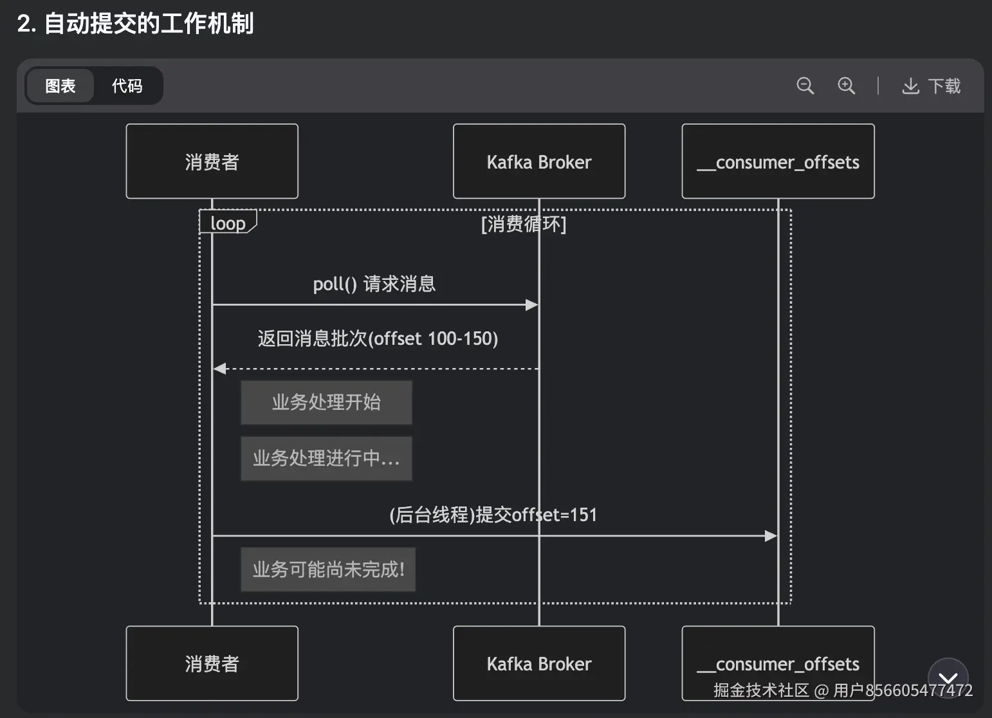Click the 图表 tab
(x=60, y=86)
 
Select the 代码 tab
(x=127, y=86)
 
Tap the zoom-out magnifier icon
(x=805, y=86)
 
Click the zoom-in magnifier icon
(x=847, y=86)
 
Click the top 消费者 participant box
(x=212, y=161)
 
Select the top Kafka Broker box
(x=539, y=161)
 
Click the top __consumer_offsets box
(x=778, y=161)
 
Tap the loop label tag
(x=228, y=222)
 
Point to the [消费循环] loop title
(x=524, y=224)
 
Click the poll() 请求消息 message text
(x=374, y=284)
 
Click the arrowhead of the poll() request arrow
(x=531, y=305)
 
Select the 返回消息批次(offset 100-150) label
(x=378, y=339)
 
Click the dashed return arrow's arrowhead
(x=219, y=369)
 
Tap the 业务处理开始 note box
(x=326, y=403)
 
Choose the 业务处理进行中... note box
(x=326, y=459)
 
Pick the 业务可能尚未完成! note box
(x=328, y=569)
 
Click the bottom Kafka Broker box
(x=539, y=663)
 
